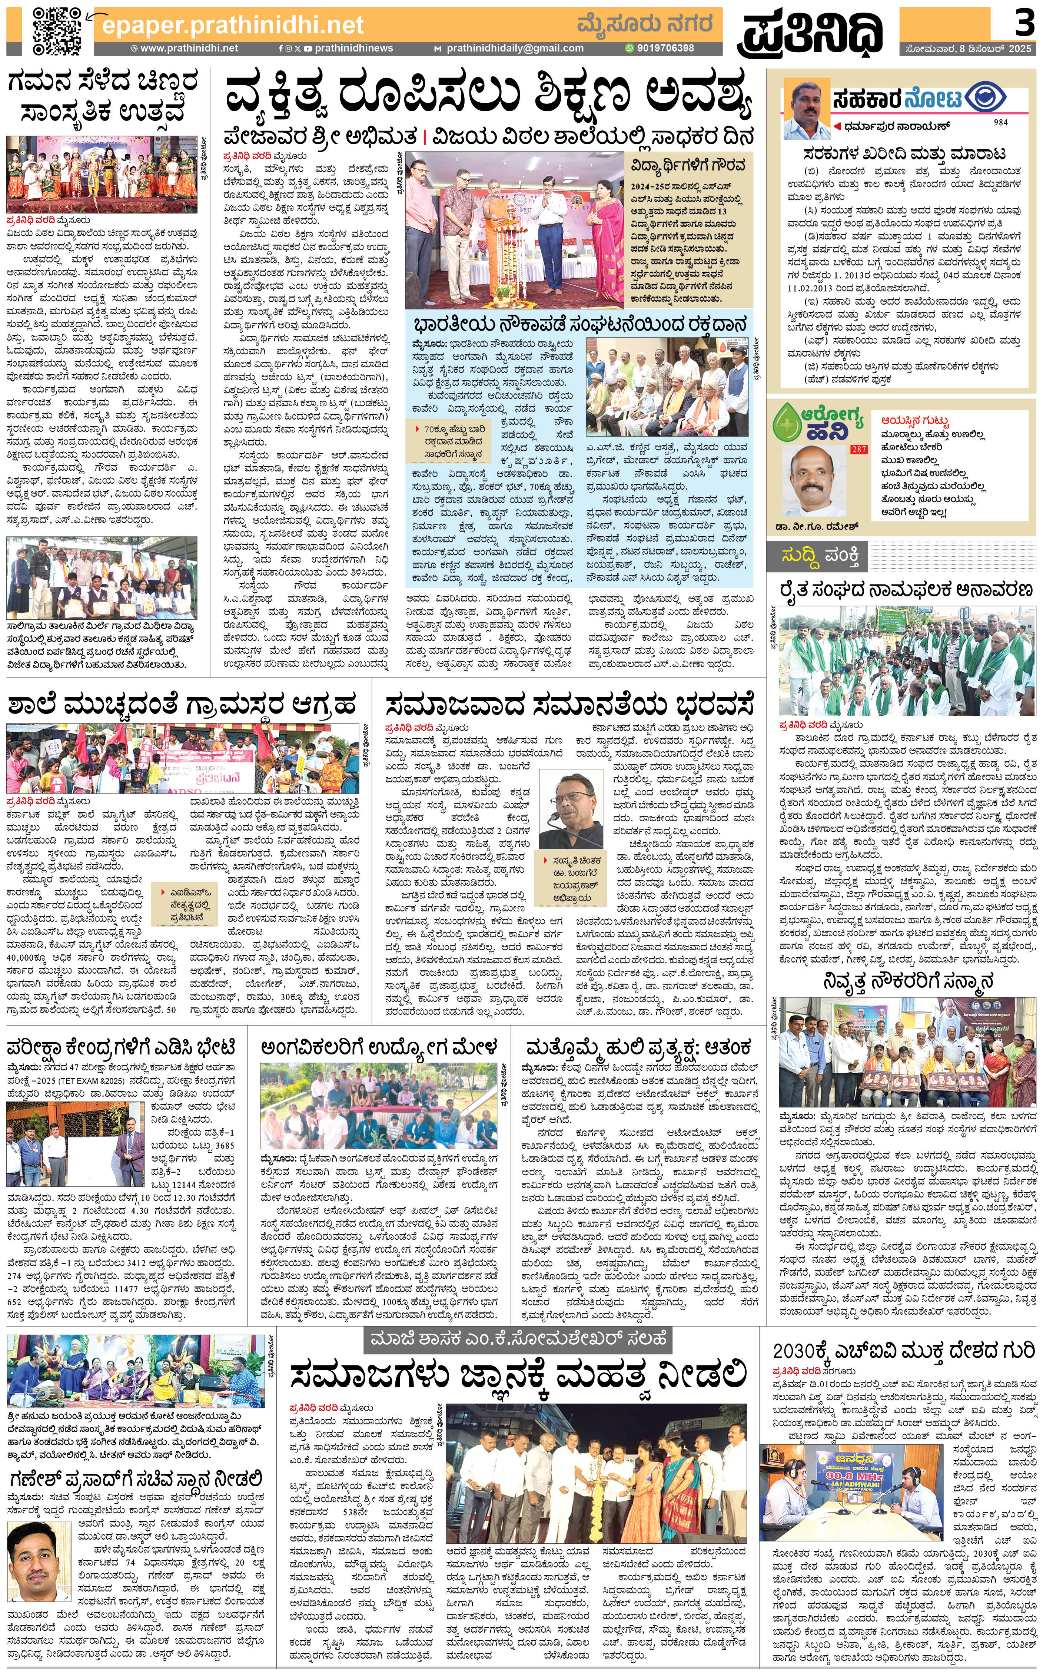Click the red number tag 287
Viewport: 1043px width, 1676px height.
(859, 449)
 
